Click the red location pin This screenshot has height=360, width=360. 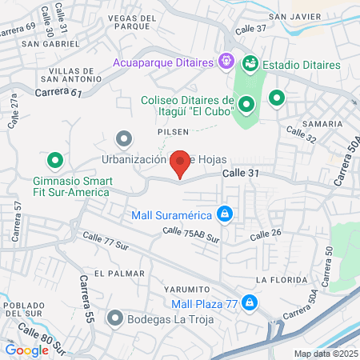click(x=181, y=163)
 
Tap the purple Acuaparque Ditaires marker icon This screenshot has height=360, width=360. click(x=226, y=61)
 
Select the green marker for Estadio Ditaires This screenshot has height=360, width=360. click(x=250, y=62)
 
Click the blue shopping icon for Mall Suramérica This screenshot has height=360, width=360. click(x=226, y=214)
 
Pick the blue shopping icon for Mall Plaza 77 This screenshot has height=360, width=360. click(x=250, y=302)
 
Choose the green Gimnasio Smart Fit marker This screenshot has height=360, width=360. click(x=55, y=159)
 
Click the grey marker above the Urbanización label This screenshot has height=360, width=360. click(x=123, y=139)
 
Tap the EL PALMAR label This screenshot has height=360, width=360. click(x=119, y=274)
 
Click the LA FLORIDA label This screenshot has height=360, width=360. click(x=282, y=280)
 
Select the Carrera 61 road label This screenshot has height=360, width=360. click(x=59, y=93)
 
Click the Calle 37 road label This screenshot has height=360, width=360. click(x=251, y=29)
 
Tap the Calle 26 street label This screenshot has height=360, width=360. click(x=266, y=234)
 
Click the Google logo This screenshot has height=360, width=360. click(x=26, y=350)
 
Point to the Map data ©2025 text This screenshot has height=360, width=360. click(x=323, y=354)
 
